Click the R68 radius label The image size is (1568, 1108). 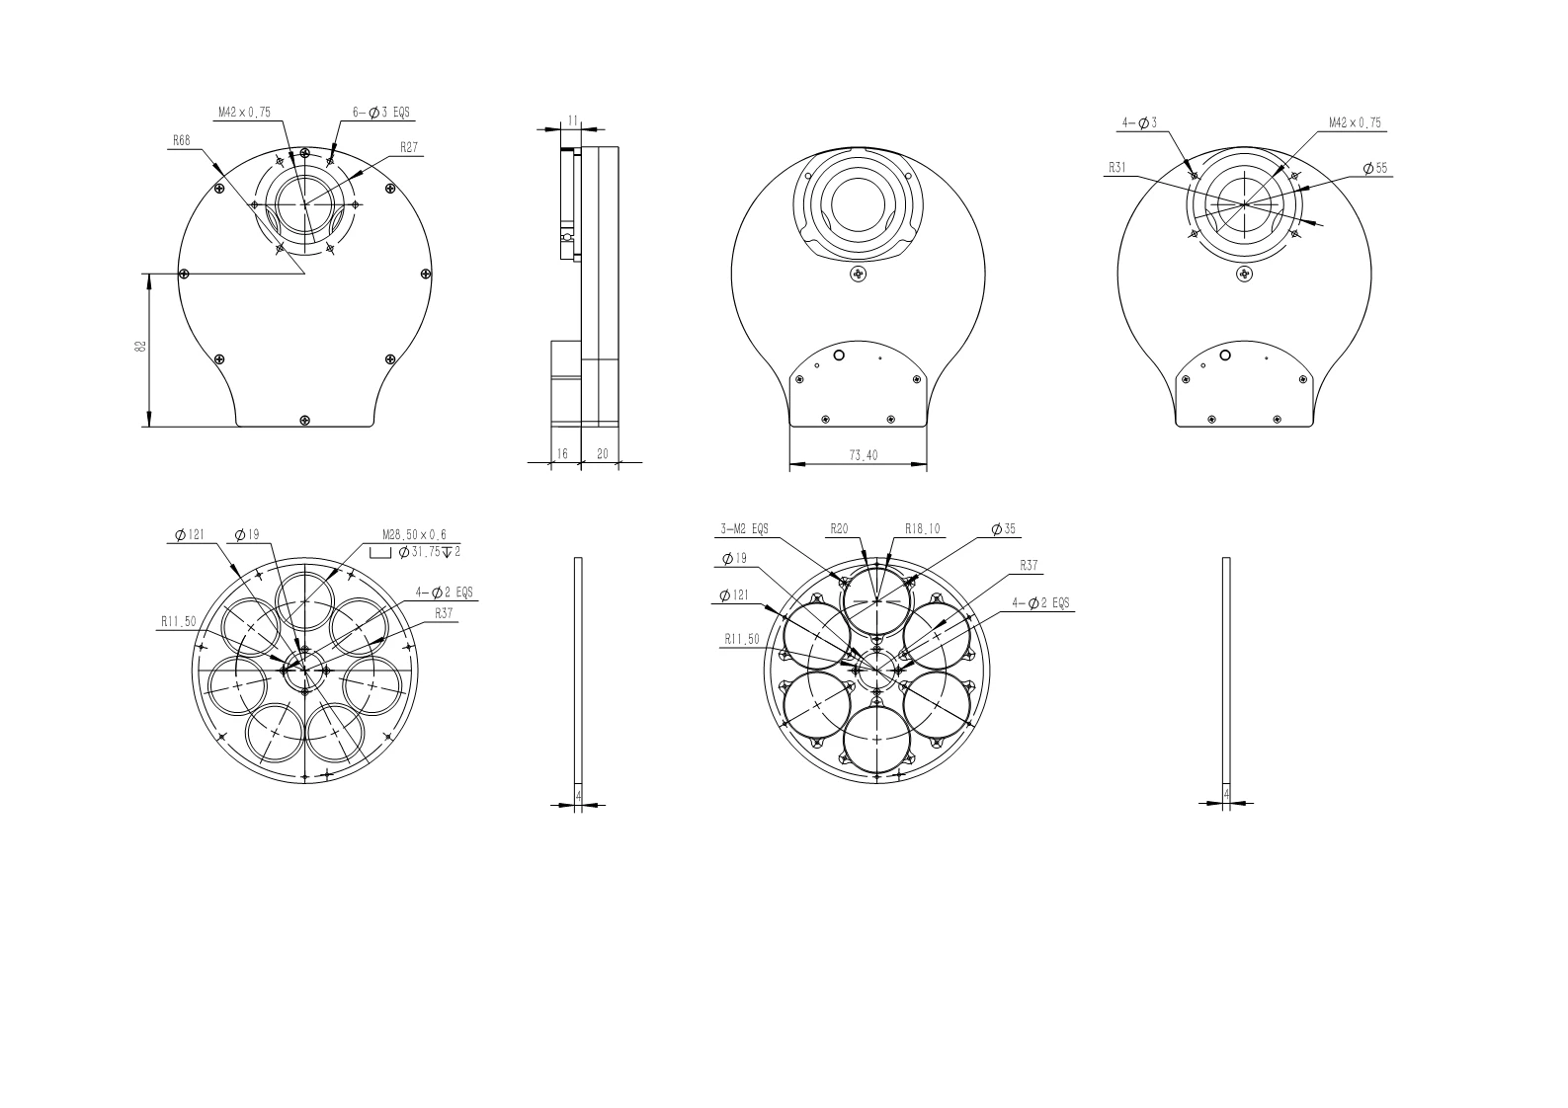point(181,140)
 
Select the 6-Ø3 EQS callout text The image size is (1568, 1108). point(380,112)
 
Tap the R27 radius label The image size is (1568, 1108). point(409,147)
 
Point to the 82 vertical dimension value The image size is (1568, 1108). point(141,347)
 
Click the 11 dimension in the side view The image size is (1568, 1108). point(573,121)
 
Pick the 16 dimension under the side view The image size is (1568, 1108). point(562,454)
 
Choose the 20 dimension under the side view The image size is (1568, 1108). point(602,454)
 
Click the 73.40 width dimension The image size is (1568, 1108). point(864,455)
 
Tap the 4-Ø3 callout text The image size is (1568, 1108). point(1139,123)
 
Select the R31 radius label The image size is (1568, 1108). point(1117,168)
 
